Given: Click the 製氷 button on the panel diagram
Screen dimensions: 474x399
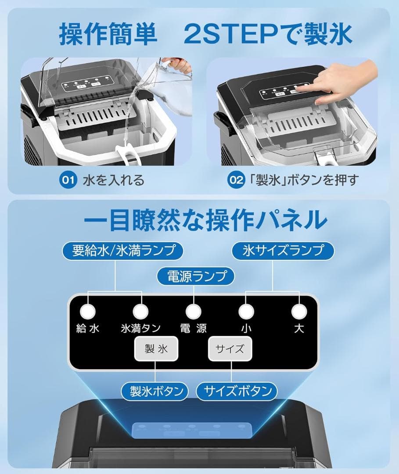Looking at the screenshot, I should (x=156, y=349).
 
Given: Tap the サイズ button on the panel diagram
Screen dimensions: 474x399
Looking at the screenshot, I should (x=230, y=349).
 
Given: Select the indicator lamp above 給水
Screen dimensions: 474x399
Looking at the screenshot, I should (x=88, y=312).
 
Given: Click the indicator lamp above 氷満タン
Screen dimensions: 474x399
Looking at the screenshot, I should (x=140, y=312).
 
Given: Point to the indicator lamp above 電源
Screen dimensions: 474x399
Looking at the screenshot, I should (x=194, y=312).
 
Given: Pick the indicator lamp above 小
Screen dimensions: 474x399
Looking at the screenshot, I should (x=246, y=312).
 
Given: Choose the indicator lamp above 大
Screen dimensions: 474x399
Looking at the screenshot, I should (x=299, y=312).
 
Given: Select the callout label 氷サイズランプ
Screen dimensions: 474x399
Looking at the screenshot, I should (x=283, y=251).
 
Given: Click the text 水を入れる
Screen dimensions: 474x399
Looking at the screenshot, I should (x=113, y=180).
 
